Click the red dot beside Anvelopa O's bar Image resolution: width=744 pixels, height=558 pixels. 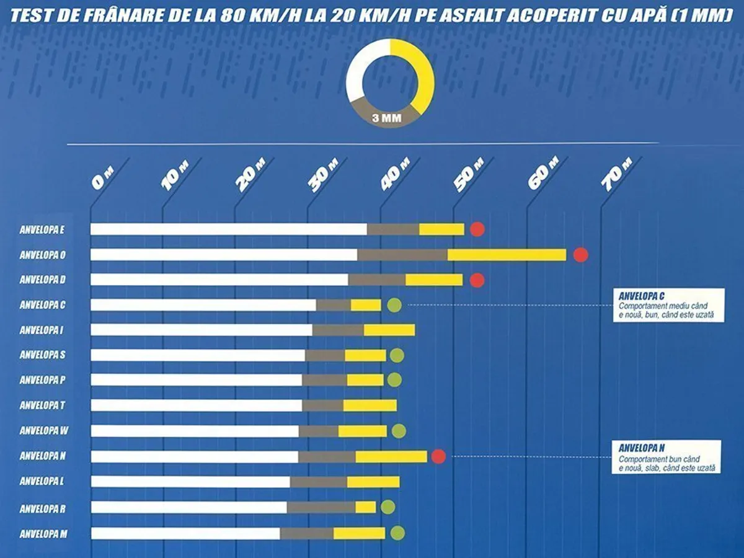click(580, 255)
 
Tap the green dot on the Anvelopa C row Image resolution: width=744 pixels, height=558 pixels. click(394, 304)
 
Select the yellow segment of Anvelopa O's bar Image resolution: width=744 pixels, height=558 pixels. click(507, 255)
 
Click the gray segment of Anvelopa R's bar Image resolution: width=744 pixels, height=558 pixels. click(321, 507)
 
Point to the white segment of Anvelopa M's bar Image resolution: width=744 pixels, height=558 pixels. click(185, 533)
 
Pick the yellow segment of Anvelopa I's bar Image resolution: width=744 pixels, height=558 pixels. click(389, 330)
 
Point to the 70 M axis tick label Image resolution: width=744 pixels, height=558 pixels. click(616, 174)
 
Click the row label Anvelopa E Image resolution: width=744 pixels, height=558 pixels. click(42, 229)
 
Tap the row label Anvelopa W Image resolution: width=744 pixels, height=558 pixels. click(43, 431)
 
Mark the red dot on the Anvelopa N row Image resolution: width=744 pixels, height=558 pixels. click(438, 457)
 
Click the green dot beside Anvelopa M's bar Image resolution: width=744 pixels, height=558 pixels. click(397, 533)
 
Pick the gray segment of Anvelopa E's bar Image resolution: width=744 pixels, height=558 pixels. click(393, 229)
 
